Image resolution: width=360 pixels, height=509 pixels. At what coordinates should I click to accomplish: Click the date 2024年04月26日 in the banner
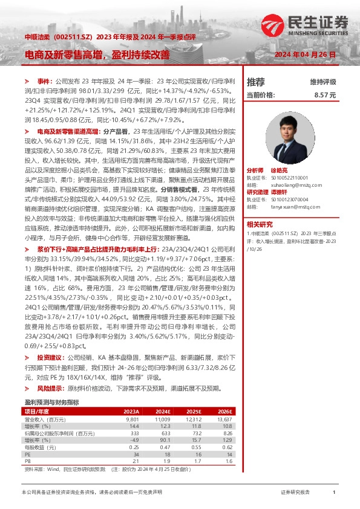309,54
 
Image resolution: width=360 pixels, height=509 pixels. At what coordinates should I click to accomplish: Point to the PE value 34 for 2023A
136,453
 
